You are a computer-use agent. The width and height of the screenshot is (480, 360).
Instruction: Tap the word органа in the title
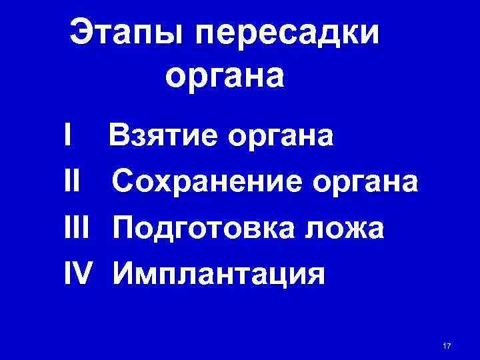[225, 77]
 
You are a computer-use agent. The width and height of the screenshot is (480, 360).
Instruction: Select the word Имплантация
[219, 274]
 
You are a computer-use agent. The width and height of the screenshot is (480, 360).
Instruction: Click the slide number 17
[447, 345]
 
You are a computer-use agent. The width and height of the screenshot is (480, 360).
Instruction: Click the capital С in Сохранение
[125, 181]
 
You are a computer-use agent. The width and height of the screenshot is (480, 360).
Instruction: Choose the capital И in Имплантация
[125, 273]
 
